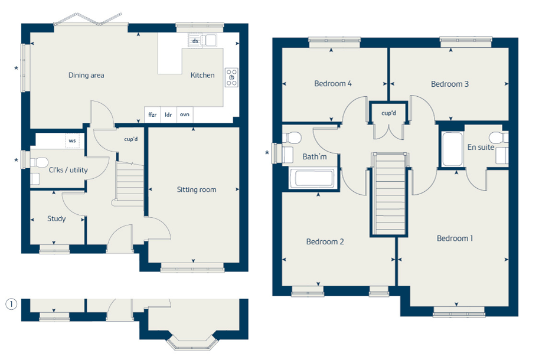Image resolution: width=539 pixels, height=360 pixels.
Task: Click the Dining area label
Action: click(86, 75)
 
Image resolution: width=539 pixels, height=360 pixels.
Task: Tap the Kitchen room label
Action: click(202, 75)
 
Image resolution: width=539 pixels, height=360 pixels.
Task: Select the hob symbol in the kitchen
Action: click(231, 78)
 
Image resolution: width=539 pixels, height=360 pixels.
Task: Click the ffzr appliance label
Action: click(152, 114)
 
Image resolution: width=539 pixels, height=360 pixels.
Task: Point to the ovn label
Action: click(185, 114)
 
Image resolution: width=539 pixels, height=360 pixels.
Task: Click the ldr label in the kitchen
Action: click(168, 114)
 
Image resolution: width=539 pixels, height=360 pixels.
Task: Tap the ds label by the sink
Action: click(195, 41)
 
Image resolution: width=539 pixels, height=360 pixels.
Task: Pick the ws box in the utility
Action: click(72, 141)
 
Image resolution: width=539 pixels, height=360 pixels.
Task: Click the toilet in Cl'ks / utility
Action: click(39, 162)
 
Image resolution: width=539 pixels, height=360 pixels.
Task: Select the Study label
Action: click(56, 219)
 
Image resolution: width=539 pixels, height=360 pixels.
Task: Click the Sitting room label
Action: click(197, 189)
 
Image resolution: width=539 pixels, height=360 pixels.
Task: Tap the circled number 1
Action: click(11, 304)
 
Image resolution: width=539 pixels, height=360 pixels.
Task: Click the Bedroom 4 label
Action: click(333, 83)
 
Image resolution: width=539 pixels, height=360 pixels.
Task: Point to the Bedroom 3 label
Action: click(450, 84)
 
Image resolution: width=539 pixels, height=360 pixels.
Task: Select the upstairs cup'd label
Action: click(389, 113)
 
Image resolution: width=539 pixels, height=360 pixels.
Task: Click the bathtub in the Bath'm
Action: click(312, 178)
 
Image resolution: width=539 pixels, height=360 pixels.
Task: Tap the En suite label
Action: click(481, 148)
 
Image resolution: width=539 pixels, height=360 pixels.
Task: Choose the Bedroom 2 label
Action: click(325, 242)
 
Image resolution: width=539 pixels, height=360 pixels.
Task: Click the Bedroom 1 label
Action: click(455, 238)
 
